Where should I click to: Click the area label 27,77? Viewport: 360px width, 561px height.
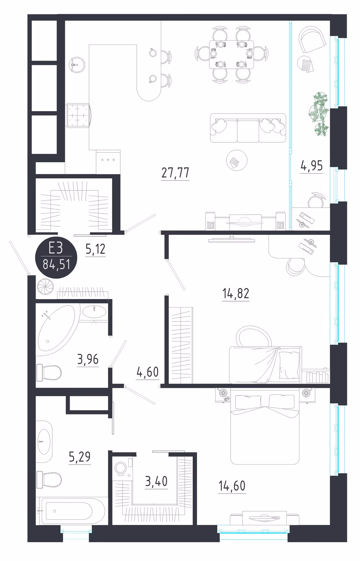click(175, 173)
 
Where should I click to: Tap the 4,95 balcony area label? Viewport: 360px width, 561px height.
click(311, 165)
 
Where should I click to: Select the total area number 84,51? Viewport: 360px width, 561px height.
click(56, 264)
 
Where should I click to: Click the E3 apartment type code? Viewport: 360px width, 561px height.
click(56, 249)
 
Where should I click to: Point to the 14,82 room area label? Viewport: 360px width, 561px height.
click(236, 293)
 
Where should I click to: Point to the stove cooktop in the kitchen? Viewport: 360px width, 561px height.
click(78, 116)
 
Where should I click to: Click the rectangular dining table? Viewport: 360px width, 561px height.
click(231, 54)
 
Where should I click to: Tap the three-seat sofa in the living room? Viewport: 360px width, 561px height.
click(248, 128)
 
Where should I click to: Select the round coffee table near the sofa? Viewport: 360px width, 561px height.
click(237, 160)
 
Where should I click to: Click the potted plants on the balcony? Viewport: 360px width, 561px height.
click(318, 114)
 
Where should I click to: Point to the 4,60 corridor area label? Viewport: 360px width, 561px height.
click(148, 372)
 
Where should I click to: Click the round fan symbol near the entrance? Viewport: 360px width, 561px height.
click(45, 286)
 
